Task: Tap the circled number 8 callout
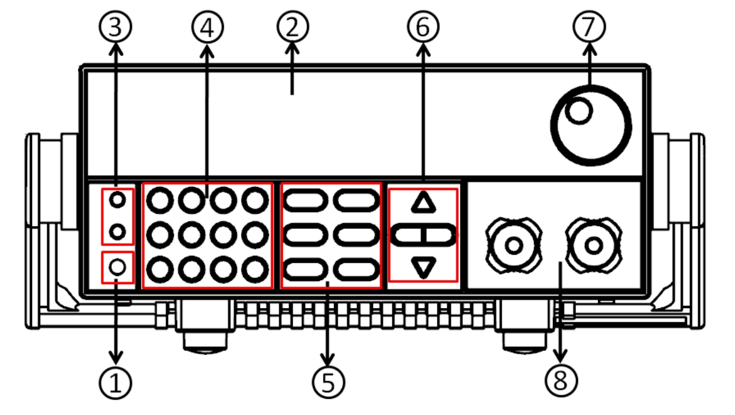[559, 381]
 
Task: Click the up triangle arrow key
[423, 202]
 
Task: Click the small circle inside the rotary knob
[579, 111]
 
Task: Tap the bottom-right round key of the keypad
[254, 269]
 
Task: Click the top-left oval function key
[306, 200]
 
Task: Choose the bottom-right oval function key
[356, 269]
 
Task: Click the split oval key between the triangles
[423, 234]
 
